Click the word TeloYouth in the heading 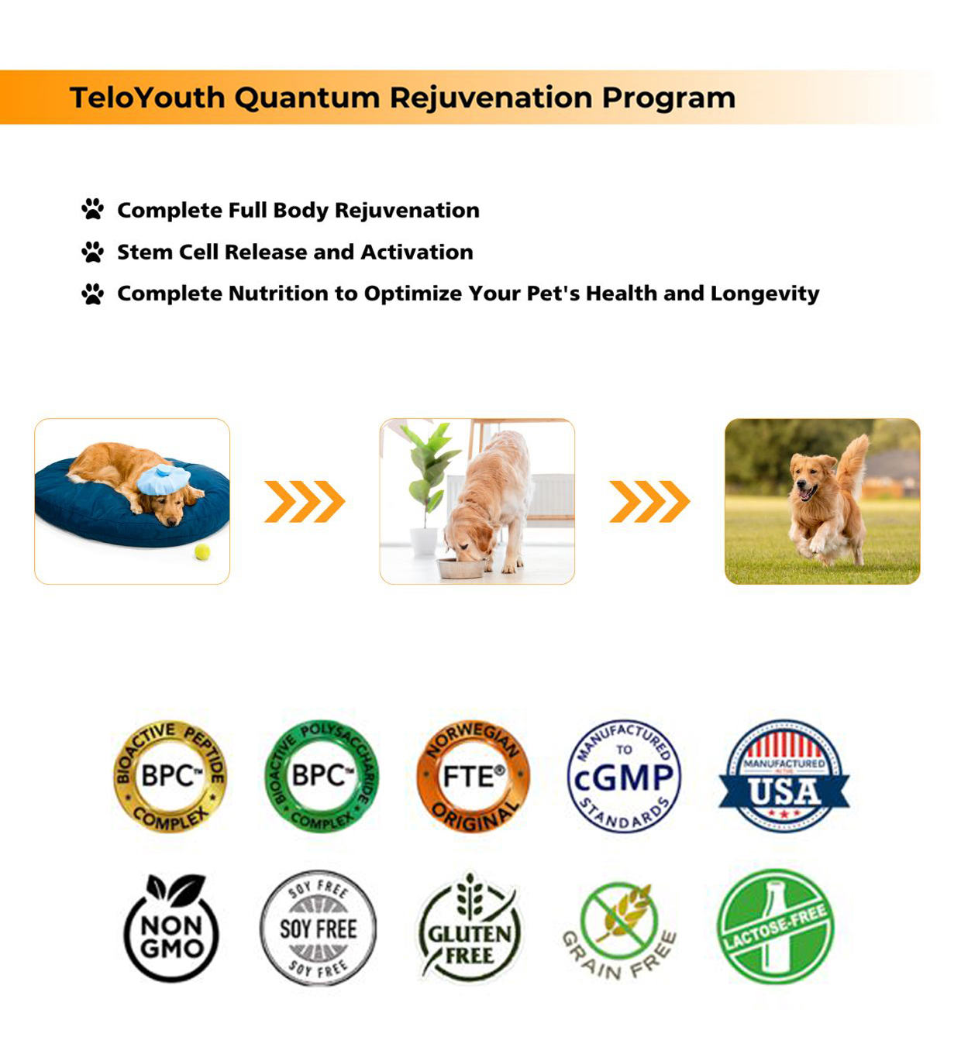tap(147, 98)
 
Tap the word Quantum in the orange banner tap(307, 98)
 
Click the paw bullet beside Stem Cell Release tap(92, 252)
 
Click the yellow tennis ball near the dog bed tap(202, 551)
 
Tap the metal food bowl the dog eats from tap(461, 568)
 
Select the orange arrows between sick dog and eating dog tap(305, 501)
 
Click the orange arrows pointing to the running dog tap(649, 501)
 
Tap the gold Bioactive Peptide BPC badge tap(170, 776)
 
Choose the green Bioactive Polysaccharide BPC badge tap(322, 776)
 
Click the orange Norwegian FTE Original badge tap(473, 776)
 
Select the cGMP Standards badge tap(624, 776)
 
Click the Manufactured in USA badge tap(784, 776)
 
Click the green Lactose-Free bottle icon tap(776, 926)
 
